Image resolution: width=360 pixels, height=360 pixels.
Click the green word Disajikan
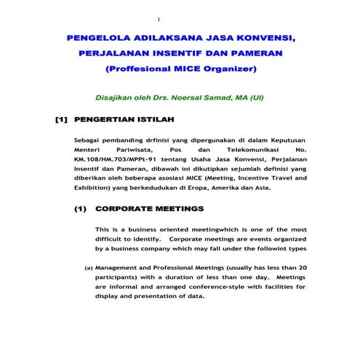click(x=119, y=97)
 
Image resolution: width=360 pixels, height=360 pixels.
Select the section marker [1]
click(x=62, y=119)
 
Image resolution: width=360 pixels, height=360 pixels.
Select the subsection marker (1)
click(x=81, y=209)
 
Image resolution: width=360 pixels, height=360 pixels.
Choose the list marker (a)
click(x=89, y=268)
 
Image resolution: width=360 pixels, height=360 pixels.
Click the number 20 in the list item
click(x=302, y=268)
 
